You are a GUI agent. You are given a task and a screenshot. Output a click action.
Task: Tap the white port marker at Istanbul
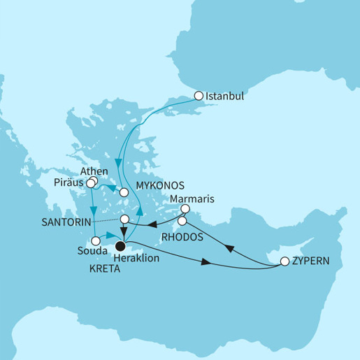click(x=199, y=96)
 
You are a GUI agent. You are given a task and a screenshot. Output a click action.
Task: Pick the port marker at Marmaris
click(x=185, y=208)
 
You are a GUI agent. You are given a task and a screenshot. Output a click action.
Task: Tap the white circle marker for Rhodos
click(x=182, y=222)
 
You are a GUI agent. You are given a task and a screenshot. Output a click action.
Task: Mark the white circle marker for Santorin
click(x=124, y=219)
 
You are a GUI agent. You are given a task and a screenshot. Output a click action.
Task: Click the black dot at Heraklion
click(x=120, y=245)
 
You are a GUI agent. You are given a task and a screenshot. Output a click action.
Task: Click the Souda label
click(x=92, y=250)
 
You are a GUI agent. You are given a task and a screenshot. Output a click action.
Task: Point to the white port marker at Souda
click(x=96, y=240)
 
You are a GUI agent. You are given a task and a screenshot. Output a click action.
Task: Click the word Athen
click(x=93, y=170)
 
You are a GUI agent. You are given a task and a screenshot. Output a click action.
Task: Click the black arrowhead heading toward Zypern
click(x=205, y=263)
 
